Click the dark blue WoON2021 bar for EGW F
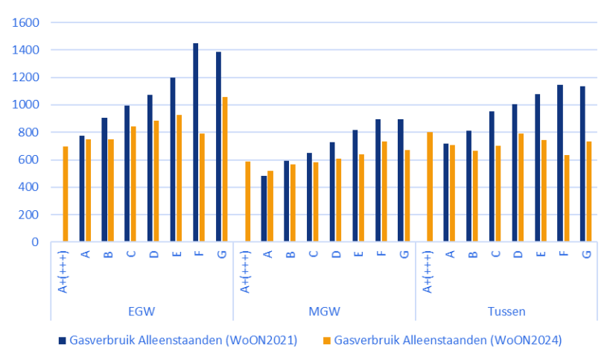(x=196, y=142)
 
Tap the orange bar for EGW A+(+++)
(x=66, y=194)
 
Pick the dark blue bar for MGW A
(x=264, y=209)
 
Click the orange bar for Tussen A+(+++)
(x=430, y=187)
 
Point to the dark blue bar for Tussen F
(x=560, y=163)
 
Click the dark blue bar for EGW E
(x=173, y=160)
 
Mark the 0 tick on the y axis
(x=35, y=242)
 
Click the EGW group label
(x=142, y=311)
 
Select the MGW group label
(x=324, y=311)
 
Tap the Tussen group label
(x=506, y=311)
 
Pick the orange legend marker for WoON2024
(x=327, y=341)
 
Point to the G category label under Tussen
(x=586, y=254)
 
